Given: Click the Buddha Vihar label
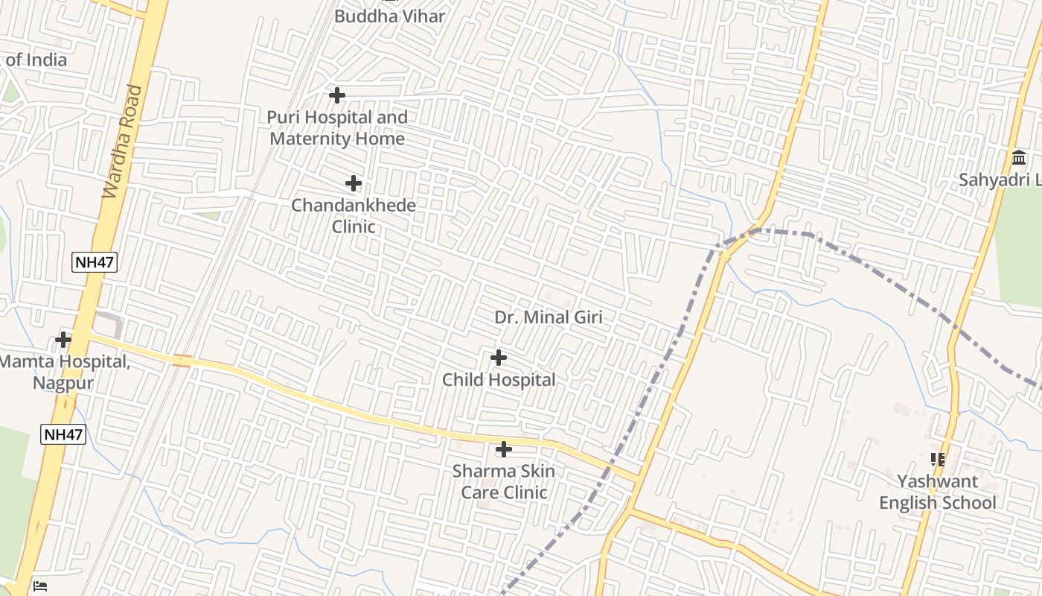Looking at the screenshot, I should click(389, 16).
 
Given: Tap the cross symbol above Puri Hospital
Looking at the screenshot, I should click(337, 95).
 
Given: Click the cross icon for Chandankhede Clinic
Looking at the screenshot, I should click(354, 183).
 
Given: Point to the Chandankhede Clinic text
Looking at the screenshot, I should click(354, 215).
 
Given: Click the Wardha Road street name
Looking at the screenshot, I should click(122, 142).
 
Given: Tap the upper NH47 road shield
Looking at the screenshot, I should click(95, 261).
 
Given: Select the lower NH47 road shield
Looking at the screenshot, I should click(63, 434).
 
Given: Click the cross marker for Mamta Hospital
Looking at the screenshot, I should click(63, 340).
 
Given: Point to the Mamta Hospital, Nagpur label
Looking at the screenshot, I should click(64, 372).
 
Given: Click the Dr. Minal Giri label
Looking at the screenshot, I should click(549, 317).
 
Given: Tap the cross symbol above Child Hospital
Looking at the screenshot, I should click(499, 358).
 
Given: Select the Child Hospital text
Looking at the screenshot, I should click(499, 380).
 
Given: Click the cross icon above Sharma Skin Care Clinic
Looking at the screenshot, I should click(504, 449).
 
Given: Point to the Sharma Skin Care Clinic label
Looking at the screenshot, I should click(504, 481).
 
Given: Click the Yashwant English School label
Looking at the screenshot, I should click(937, 492).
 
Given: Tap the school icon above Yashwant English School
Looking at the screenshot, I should click(938, 460).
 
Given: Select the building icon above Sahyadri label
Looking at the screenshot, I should click(1019, 157).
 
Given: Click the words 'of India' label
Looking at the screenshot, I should click(36, 60).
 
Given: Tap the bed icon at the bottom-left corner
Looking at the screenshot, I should click(40, 586).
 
